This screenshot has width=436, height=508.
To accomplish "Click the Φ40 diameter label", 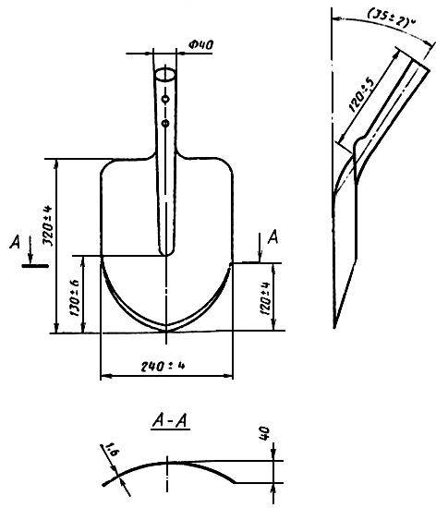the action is click(x=200, y=44).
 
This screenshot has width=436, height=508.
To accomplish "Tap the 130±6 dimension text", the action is click(x=74, y=297).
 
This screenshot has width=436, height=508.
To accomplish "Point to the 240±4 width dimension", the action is click(x=163, y=366).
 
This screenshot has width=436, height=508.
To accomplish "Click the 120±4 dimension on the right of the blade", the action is click(x=265, y=298).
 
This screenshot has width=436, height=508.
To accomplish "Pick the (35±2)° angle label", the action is click(x=392, y=18).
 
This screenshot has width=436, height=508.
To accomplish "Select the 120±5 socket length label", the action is click(x=363, y=94).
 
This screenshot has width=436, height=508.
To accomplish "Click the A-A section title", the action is click(x=170, y=421).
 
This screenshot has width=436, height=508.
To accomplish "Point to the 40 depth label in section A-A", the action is click(x=264, y=433).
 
